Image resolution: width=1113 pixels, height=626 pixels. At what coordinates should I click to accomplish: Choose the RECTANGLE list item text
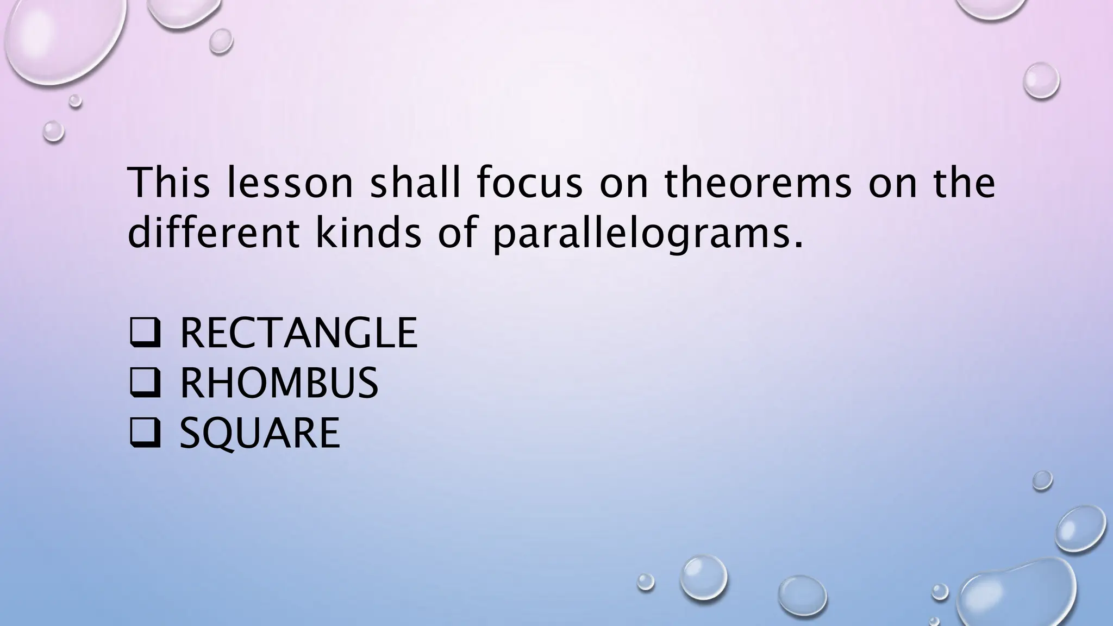coord(298,333)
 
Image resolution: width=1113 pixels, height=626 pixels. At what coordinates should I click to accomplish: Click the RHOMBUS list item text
coord(279,383)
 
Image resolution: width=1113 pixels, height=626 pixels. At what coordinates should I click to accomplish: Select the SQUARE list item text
coord(260,433)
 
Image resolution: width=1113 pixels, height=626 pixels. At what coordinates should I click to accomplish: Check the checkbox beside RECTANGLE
coord(145,333)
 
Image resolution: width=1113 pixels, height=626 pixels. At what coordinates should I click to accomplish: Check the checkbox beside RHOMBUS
coord(145,383)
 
